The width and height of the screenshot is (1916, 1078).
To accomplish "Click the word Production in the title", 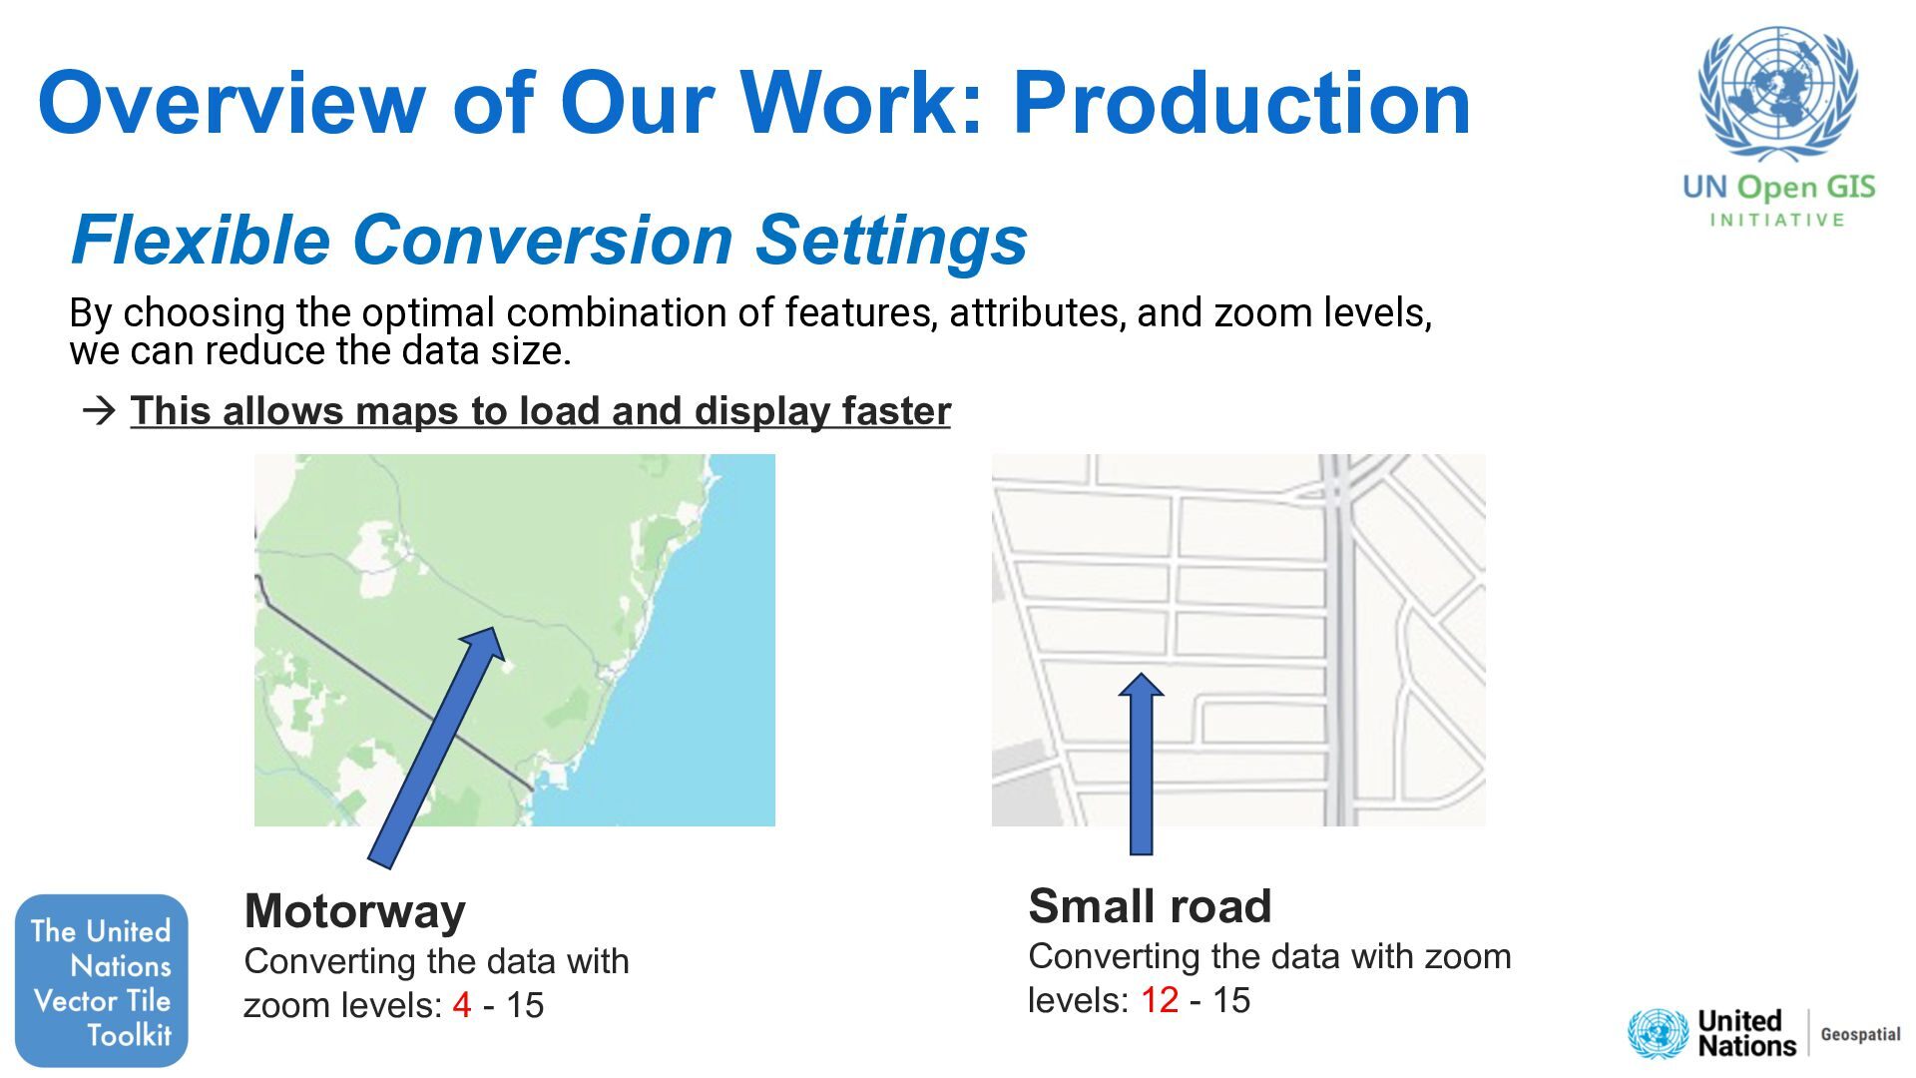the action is coord(1241,103).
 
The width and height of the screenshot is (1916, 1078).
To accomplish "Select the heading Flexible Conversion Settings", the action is coord(549,240).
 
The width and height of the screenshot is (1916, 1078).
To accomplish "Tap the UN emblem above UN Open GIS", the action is coord(1777,95).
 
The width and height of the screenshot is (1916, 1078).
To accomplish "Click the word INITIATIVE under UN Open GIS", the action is coord(1777,221).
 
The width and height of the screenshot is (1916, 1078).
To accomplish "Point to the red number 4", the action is coord(461,1005).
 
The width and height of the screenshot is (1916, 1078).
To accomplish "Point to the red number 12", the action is coord(1160,1000).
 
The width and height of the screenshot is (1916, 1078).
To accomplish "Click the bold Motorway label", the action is coord(355,911).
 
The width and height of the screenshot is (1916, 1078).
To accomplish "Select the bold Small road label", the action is coord(1150,906).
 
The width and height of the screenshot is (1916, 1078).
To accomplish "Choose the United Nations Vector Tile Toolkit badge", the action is coord(102,980).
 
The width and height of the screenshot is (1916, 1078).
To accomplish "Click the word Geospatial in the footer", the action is coord(1860,1034).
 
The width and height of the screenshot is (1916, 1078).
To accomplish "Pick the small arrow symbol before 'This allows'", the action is coord(99,411).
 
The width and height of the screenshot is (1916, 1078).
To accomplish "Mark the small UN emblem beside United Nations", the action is coord(1658,1034).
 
